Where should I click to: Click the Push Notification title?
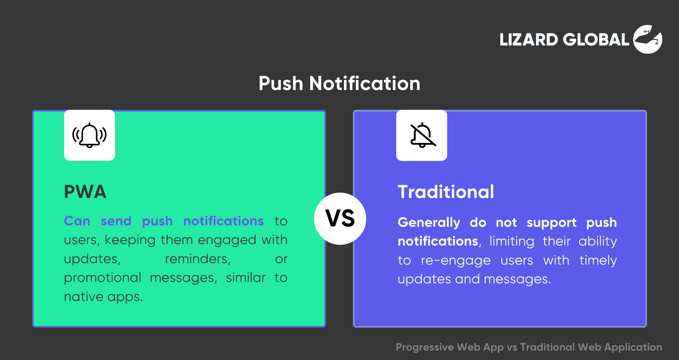point(339,84)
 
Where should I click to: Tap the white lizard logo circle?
point(648,39)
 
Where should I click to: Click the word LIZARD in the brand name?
point(528,40)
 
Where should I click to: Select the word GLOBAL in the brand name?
point(596,40)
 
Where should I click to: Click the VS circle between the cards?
point(340,219)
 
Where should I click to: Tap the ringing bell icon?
point(89,135)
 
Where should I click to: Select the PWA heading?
point(85,192)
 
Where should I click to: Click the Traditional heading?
point(446,192)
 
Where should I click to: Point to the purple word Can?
point(77,221)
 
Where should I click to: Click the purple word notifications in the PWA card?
point(223,221)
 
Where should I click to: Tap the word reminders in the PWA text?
point(198,259)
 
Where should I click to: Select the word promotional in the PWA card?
point(103,278)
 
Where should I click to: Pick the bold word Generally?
point(429,223)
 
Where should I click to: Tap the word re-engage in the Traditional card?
point(456,261)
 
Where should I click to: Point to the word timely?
point(598,260)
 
